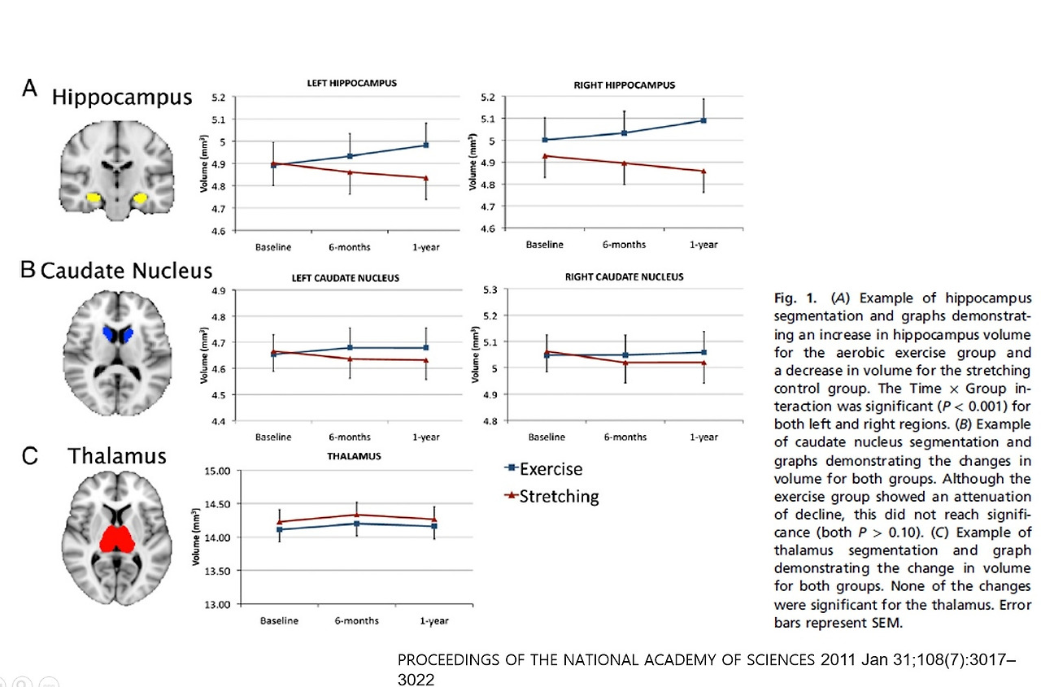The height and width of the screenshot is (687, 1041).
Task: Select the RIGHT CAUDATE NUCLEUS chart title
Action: (624, 276)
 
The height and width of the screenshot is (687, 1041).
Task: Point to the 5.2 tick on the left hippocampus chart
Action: (218, 98)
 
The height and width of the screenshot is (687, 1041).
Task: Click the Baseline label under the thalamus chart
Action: (279, 621)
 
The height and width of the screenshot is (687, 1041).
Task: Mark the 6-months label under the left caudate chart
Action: (350, 437)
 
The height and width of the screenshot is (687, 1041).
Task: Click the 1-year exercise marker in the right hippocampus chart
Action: (703, 120)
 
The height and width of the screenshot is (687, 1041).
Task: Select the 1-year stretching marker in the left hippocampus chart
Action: (425, 177)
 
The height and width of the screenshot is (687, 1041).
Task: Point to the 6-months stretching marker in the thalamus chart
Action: (354, 515)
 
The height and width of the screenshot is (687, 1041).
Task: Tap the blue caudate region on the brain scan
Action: (119, 335)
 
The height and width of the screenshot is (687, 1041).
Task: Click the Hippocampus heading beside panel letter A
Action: (122, 98)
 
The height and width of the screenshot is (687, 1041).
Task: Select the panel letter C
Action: (29, 456)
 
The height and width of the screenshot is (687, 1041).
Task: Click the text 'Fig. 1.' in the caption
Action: (791, 298)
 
